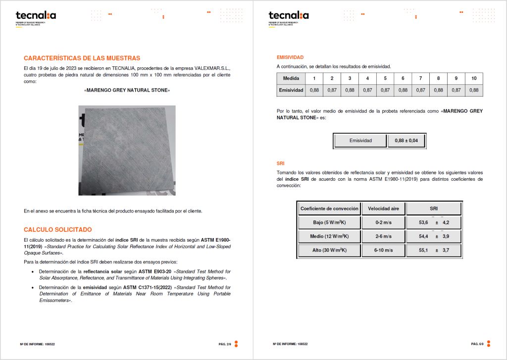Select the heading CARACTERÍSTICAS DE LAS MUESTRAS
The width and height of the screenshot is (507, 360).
pyautogui.click(x=82, y=58)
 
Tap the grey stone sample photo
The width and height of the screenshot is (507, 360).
pyautogui.click(x=127, y=151)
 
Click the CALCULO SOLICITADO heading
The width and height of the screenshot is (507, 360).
pyautogui.click(x=57, y=230)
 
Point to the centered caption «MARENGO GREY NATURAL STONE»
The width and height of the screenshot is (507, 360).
pyautogui.click(x=127, y=91)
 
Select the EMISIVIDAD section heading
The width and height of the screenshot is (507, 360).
pyautogui.click(x=290, y=57)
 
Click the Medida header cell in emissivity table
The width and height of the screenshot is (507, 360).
pyautogui.click(x=291, y=79)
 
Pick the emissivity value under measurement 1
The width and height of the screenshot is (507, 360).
pyautogui.click(x=314, y=90)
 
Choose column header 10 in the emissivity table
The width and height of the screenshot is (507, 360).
pyautogui.click(x=474, y=79)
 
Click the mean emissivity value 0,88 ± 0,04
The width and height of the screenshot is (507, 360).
pyautogui.click(x=406, y=141)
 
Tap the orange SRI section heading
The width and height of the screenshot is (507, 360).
pyautogui.click(x=281, y=163)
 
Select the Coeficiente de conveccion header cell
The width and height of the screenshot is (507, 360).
pyautogui.click(x=329, y=208)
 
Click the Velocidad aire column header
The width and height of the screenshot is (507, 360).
pyautogui.click(x=383, y=208)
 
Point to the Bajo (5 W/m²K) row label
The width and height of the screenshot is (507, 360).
pyautogui.click(x=329, y=222)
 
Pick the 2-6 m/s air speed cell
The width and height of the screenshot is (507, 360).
pyautogui.click(x=383, y=236)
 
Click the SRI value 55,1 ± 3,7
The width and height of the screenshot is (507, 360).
pyautogui.click(x=434, y=250)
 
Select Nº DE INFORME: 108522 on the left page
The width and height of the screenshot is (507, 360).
pyautogui.click(x=37, y=344)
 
